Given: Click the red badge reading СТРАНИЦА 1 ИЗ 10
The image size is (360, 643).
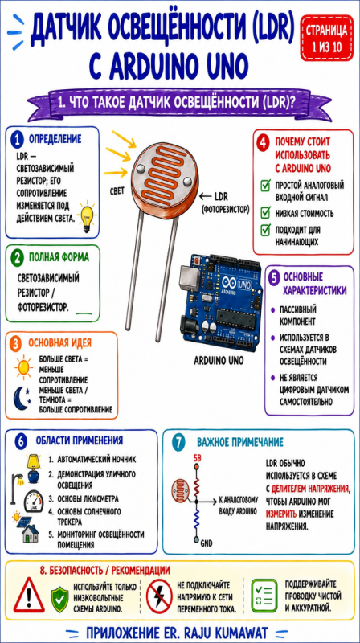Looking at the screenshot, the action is coord(326,38).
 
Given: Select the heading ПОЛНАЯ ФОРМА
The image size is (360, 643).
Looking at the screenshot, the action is coord(58,257).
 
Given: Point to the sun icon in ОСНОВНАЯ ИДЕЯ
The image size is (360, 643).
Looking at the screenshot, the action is coord(23,367).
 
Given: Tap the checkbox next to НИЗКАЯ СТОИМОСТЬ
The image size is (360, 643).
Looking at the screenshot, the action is coord(266,213).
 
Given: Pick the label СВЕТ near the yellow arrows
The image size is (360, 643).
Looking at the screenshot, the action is coord(117,190).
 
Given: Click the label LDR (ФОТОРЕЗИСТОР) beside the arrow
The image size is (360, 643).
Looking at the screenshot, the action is coord(225,203).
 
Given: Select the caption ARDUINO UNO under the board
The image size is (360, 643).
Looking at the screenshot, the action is coord(219,361).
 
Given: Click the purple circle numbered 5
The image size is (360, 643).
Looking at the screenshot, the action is coord(274,277).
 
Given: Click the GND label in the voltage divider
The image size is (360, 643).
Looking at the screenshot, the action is coord(207,543).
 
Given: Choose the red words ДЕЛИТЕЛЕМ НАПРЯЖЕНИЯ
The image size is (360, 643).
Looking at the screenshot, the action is coord(310,489).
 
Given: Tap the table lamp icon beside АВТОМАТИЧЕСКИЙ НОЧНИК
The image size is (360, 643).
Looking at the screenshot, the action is coord(33,469).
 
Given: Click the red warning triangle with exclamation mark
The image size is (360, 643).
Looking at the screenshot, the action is coord(29,596).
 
